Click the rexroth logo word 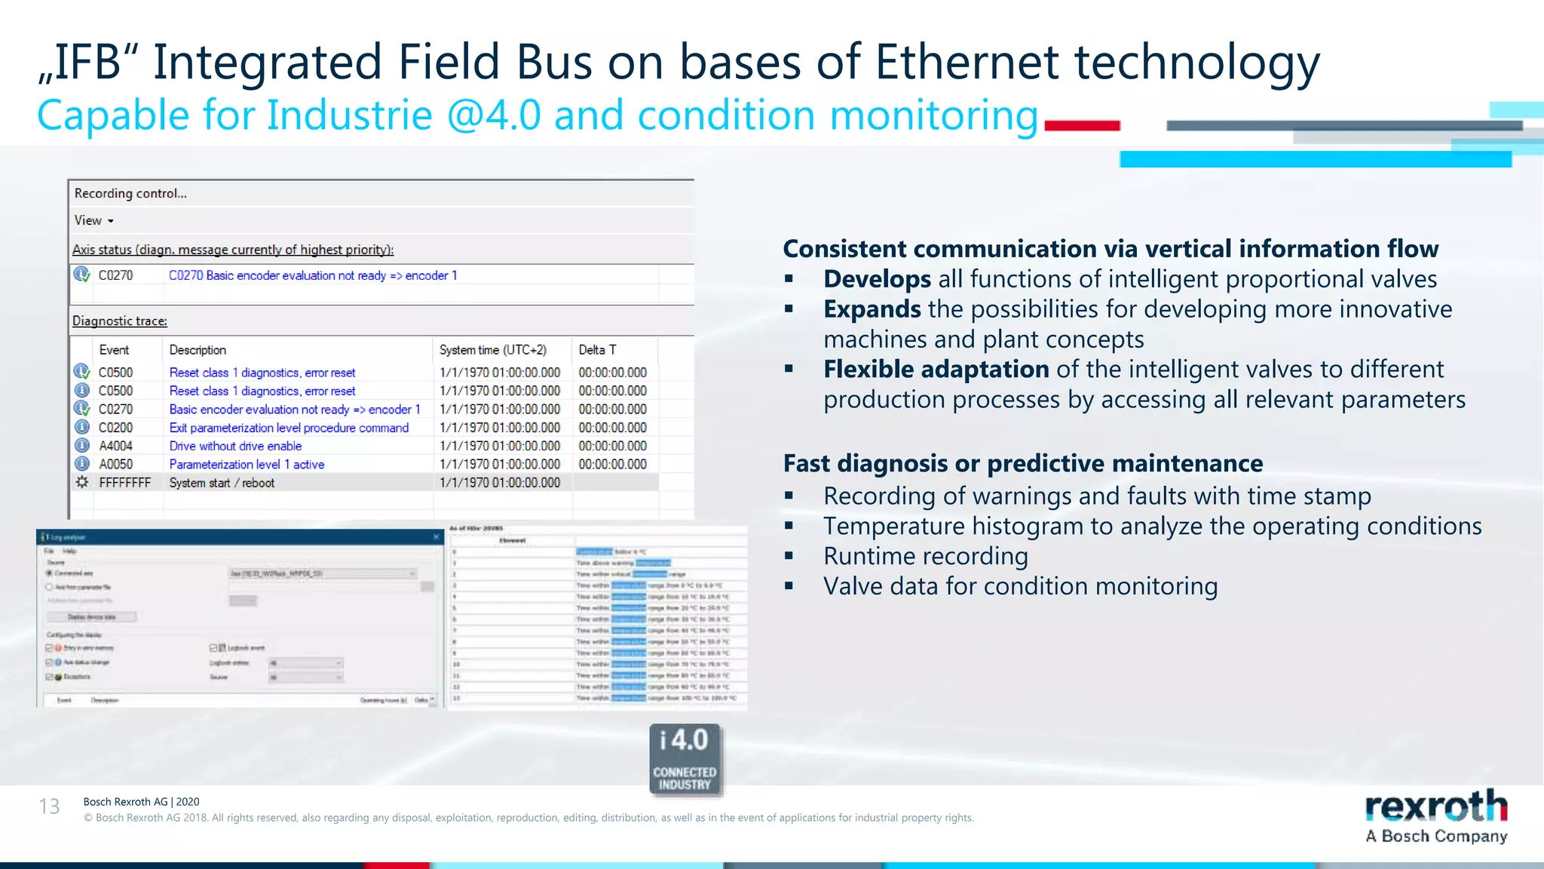click(1435, 807)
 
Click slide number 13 click(49, 806)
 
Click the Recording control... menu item click(130, 193)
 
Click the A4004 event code click(115, 446)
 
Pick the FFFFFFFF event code click(124, 483)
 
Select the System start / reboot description click(222, 483)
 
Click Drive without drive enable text click(235, 446)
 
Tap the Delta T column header click(597, 350)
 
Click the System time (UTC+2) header click(493, 350)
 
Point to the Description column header click(198, 350)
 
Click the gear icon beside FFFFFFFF click(82, 482)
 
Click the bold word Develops click(877, 279)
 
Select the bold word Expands click(872, 309)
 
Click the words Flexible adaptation click(936, 370)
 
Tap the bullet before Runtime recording click(789, 556)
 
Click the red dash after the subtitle click(1082, 126)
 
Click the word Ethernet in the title click(967, 62)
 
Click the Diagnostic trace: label click(119, 321)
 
